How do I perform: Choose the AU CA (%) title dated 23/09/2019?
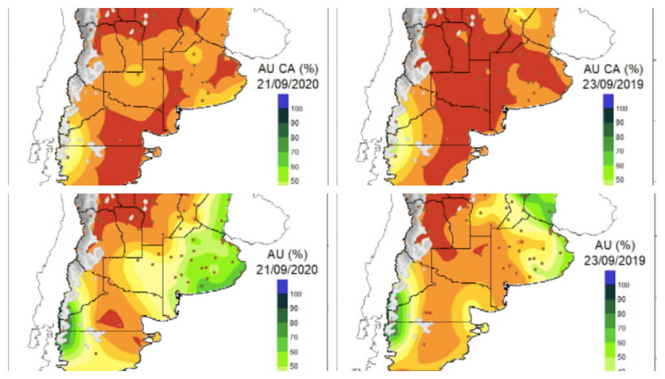[612, 68]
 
